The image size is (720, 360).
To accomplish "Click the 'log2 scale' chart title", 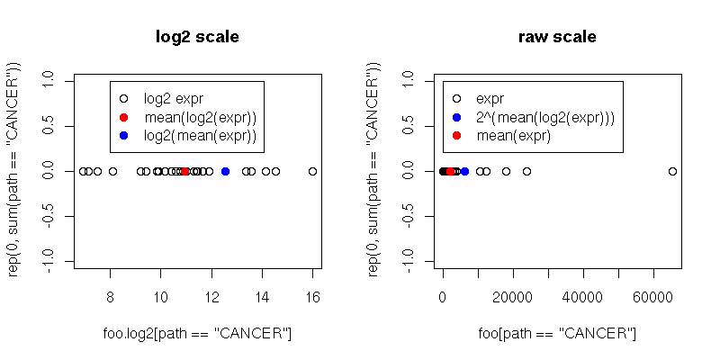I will pos(197,37).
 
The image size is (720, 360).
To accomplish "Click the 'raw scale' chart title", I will pos(557,37).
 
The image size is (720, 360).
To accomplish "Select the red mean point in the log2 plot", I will pos(184,171).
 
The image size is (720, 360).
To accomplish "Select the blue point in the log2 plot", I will pos(225,171).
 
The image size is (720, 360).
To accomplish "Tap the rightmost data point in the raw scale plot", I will pos(672,171).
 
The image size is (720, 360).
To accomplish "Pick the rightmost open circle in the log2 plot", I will pos(312,171).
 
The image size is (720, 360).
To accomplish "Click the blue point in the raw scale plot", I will pos(464,171).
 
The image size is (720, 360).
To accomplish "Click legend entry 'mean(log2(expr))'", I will pos(200,117).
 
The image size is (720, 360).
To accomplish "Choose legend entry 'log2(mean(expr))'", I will pos(200,135).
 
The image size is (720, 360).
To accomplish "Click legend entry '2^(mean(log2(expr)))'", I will pos(544,117).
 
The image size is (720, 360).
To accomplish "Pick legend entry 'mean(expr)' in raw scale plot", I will pos(513,135).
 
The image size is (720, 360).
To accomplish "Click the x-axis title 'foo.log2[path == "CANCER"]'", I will pos(197,334).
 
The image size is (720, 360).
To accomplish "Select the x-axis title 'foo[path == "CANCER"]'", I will pos(557,334).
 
